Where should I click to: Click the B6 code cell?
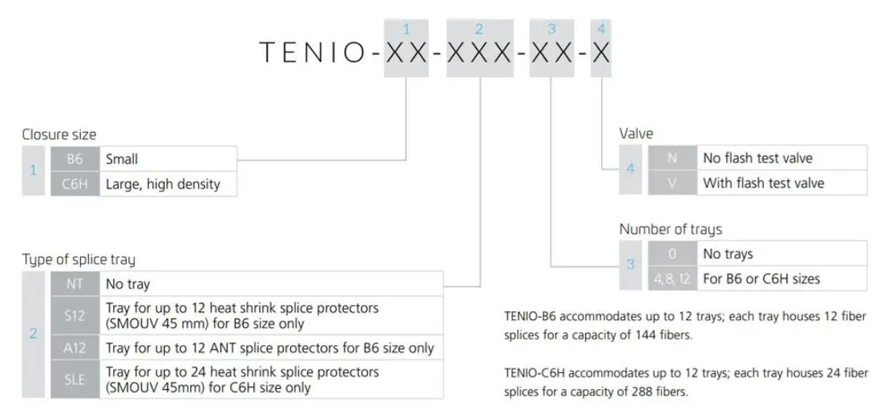click(75, 159)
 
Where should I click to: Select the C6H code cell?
click(75, 185)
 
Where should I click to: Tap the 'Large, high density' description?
click(162, 185)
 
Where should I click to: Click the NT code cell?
click(75, 283)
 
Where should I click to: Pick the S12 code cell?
click(75, 315)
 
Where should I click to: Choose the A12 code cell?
click(75, 347)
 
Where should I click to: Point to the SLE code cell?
click(75, 379)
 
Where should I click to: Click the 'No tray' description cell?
click(270, 283)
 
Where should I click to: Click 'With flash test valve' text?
click(763, 182)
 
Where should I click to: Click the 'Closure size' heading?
click(59, 134)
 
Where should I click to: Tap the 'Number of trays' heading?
click(670, 229)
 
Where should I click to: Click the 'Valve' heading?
click(636, 134)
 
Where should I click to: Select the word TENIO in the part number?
click(316, 53)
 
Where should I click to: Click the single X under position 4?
click(601, 53)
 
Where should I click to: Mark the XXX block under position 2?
click(479, 53)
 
